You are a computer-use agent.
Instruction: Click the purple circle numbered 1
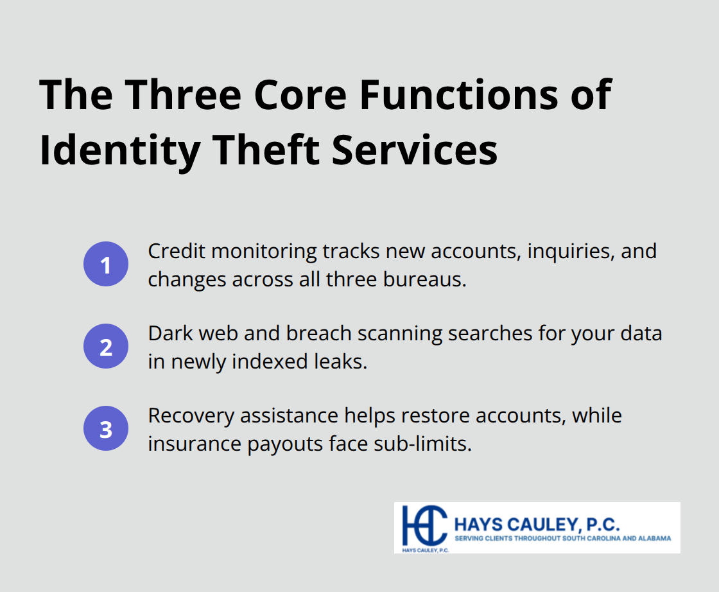(x=106, y=264)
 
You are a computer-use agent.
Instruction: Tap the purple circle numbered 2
(x=106, y=347)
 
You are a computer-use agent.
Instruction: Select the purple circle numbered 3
(x=106, y=429)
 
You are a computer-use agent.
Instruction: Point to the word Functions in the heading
(x=458, y=95)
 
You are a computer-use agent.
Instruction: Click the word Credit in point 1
(x=176, y=251)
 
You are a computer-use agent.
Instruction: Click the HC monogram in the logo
(x=422, y=525)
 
